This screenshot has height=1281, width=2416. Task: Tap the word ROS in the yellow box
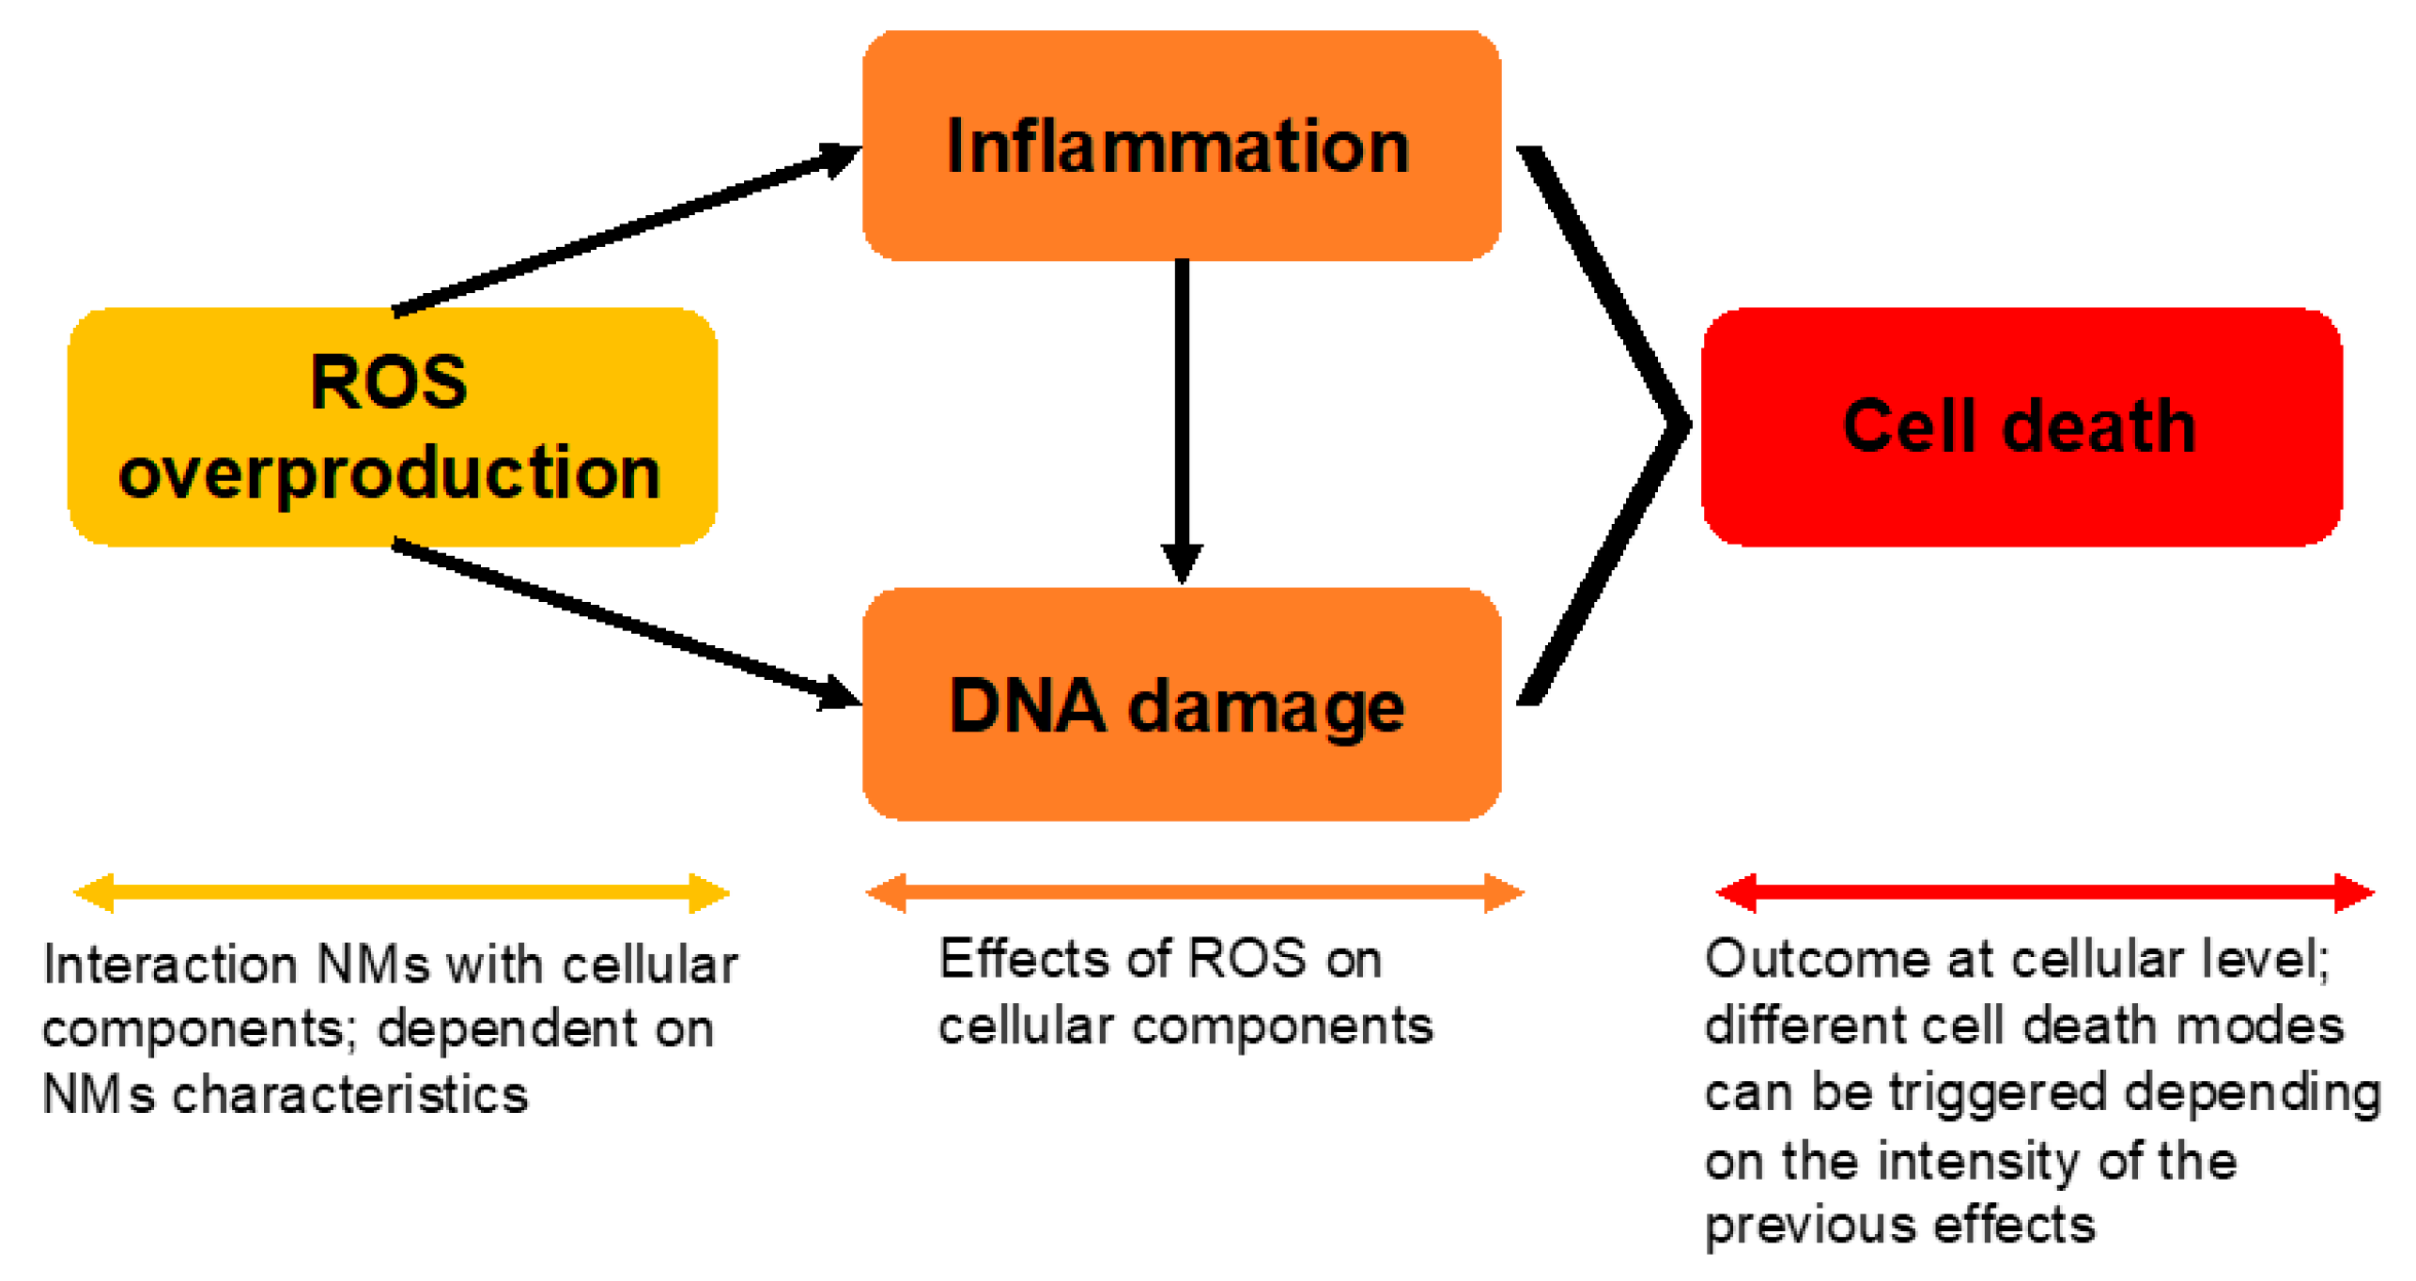pos(388,382)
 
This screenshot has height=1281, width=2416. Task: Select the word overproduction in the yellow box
pos(390,472)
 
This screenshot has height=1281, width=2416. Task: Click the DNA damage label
pos(1177,706)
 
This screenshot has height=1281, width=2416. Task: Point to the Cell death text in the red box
pos(2019,426)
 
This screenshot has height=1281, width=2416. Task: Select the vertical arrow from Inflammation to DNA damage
pos(1182,413)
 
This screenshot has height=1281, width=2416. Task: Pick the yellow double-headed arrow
pos(401,892)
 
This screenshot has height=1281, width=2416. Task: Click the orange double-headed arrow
pos(1193,892)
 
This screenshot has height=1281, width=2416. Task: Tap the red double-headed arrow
pos(2044,892)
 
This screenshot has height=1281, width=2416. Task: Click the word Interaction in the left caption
pos(169,965)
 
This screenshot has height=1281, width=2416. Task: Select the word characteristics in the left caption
pos(349,1095)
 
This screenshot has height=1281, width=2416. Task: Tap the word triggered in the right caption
pos(1996,1093)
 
